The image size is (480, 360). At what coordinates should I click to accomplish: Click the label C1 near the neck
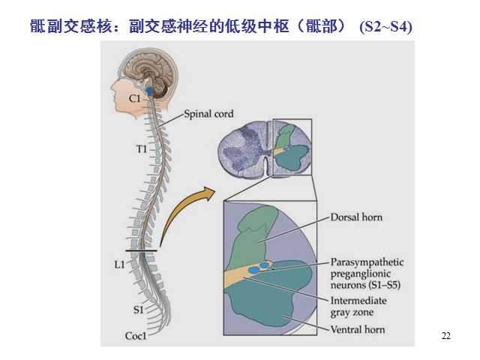[x=135, y=98]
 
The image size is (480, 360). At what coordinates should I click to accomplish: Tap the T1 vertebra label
[x=142, y=149]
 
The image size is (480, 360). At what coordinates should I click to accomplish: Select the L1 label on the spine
[x=120, y=265]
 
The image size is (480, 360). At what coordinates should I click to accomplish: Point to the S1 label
[x=138, y=310]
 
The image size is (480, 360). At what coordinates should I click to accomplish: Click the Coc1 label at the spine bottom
[x=136, y=336]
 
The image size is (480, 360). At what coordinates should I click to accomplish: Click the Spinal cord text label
[x=208, y=114]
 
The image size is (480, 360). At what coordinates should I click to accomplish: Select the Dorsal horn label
[x=356, y=217]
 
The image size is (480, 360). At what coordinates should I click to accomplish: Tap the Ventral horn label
[x=358, y=329]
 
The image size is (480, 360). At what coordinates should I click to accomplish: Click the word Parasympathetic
[x=367, y=262]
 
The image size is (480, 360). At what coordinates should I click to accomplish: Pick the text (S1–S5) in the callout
[x=384, y=285]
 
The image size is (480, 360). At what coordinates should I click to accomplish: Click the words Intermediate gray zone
[x=358, y=307]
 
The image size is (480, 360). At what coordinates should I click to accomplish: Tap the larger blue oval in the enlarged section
[x=253, y=270]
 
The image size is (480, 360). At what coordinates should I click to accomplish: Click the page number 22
[x=446, y=336]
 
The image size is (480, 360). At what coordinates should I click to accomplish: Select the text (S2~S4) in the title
[x=385, y=27]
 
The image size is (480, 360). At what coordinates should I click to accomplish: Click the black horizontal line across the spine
[x=141, y=251]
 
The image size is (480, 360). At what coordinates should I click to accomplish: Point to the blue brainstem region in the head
[x=149, y=91]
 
